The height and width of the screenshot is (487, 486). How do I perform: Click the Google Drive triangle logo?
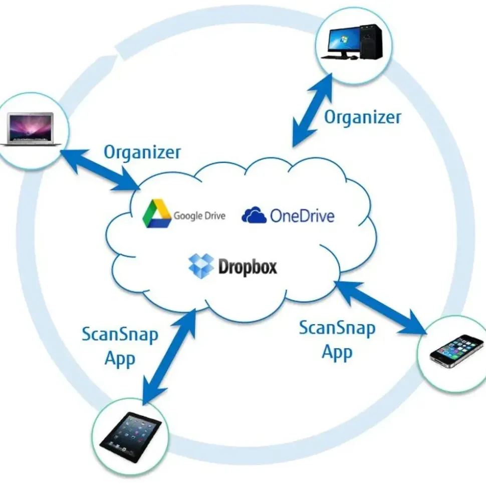coord(157,214)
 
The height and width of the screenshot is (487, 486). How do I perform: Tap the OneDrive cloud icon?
coord(254,215)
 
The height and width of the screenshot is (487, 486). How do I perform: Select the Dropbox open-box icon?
coord(201,266)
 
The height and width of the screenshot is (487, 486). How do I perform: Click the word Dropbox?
coord(248,266)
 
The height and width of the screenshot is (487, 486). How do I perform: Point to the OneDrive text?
coord(302,216)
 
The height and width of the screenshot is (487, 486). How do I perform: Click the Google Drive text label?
coord(199,216)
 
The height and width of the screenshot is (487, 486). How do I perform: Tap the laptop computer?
coord(31,129)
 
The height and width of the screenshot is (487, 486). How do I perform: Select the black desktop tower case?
coord(371,42)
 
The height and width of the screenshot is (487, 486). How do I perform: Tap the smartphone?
coord(456,351)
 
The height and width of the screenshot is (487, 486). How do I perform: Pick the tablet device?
coord(131,437)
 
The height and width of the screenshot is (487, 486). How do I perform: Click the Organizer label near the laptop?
coord(142,152)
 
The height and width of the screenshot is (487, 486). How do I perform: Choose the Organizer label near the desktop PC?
coord(362,117)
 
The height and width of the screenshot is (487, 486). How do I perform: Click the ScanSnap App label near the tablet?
coord(120,347)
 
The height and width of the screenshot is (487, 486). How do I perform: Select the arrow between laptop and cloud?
coord(100,170)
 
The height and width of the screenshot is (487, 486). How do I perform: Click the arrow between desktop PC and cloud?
coord(312,110)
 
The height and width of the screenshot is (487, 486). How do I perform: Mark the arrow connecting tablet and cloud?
coord(169,357)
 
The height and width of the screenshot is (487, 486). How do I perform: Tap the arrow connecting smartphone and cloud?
coord(380,308)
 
